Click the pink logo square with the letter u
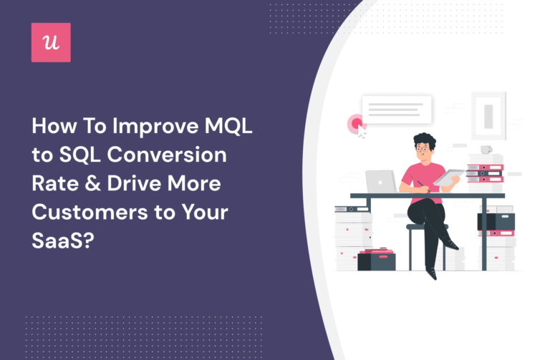pos(51,42)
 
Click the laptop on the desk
pos(379,182)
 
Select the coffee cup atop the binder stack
pos(486,150)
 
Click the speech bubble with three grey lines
pos(396,110)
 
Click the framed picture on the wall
pos(488,114)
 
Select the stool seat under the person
pos(427,228)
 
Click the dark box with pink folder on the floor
pos(376,260)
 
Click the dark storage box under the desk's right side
pos(496,221)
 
